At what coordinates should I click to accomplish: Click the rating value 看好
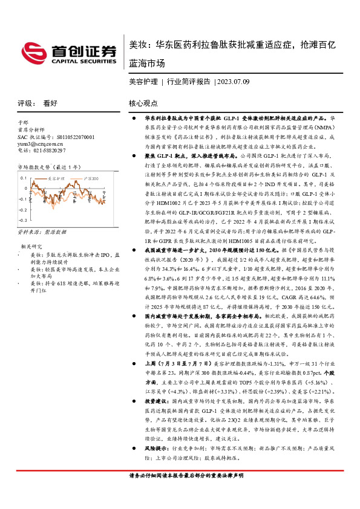[x=50, y=103]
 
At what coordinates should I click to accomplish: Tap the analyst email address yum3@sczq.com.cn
[x=41, y=144]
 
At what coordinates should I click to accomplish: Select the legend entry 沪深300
[x=91, y=179]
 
